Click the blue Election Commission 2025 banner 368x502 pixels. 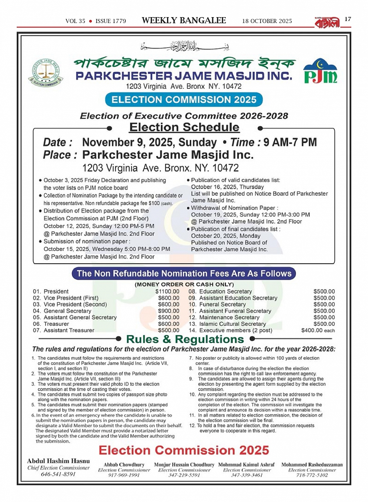coord(184,100)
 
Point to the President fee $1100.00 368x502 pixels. coord(167,291)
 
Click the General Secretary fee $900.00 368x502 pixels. coord(169,311)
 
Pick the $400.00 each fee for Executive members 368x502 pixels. coord(318,330)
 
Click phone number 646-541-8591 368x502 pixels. coord(58,474)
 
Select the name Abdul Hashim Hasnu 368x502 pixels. coord(58,461)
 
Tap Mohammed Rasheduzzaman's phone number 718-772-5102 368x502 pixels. coord(312,475)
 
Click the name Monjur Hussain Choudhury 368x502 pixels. coord(184,465)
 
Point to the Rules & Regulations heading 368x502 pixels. coord(185,339)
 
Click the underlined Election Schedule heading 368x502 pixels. coord(184,127)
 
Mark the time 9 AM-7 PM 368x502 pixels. coord(290,142)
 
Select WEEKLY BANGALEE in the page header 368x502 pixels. coord(184,21)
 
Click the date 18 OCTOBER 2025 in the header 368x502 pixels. coord(267,21)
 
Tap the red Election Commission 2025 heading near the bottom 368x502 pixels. coord(184,450)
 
